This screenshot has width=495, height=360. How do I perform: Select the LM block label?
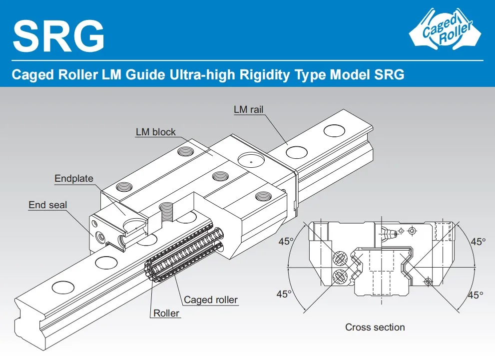(156, 132)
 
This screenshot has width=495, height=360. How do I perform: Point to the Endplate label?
(74, 178)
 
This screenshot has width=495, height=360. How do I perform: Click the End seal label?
(47, 205)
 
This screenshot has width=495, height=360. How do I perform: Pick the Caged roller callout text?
(211, 300)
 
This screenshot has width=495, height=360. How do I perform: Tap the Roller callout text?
(166, 314)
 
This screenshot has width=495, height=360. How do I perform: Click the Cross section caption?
(375, 328)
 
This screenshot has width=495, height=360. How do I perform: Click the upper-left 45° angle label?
(286, 242)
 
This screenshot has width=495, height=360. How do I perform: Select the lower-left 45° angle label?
(284, 294)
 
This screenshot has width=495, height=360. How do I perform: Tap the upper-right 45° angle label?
(478, 242)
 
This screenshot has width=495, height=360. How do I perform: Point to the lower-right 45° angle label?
(476, 295)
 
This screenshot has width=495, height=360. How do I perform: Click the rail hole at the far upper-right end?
(334, 131)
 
